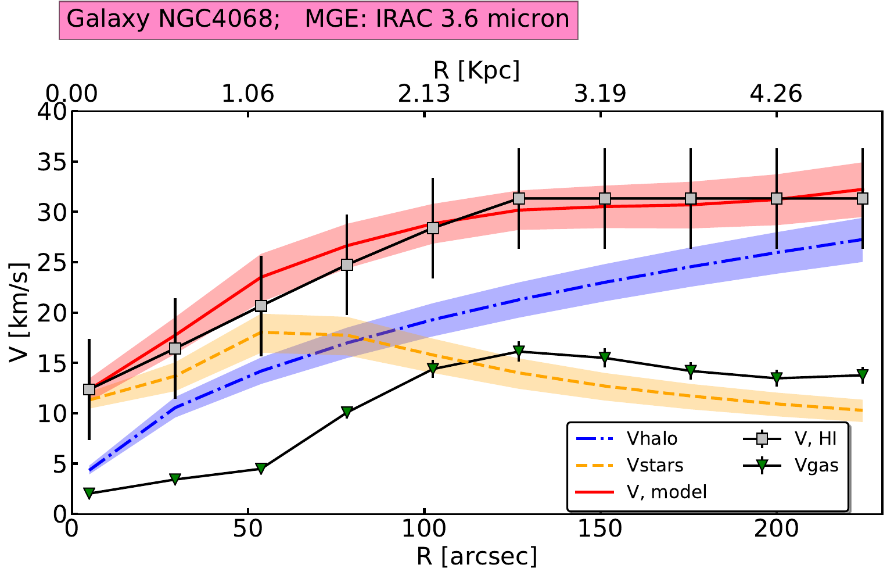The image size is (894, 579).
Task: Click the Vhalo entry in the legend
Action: tap(652, 438)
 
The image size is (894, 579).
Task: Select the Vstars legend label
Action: tap(655, 465)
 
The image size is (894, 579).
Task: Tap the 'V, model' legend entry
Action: tap(666, 492)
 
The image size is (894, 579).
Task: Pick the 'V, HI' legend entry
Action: tap(816, 438)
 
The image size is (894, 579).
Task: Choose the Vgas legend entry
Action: tap(817, 465)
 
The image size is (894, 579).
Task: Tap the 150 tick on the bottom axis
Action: tap(601, 530)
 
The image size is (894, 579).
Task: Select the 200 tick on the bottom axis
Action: tap(777, 530)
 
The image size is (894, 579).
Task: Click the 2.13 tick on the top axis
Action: tap(425, 94)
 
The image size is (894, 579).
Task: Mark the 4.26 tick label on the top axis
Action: tap(777, 94)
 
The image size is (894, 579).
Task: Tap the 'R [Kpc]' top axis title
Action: tap(476, 70)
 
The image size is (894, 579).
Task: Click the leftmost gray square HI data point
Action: tap(89, 389)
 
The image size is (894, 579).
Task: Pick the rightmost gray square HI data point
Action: tap(863, 198)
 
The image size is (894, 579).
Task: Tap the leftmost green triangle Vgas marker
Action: tap(89, 493)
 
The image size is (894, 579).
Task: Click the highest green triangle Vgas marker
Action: tap(519, 351)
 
